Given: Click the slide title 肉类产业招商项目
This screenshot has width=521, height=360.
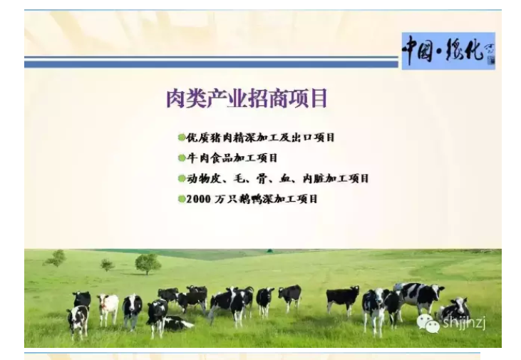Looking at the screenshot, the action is pyautogui.click(x=247, y=98).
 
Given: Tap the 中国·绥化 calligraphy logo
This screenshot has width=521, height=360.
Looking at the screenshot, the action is pyautogui.click(x=448, y=51).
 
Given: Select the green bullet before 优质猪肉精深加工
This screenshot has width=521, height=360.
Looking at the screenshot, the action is pyautogui.click(x=182, y=138).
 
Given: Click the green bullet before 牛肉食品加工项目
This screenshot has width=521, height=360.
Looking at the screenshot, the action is pyautogui.click(x=182, y=158).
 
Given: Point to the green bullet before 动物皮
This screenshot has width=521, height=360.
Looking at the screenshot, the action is pyautogui.click(x=182, y=178).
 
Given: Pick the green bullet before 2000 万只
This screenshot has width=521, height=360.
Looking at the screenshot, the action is pyautogui.click(x=182, y=199).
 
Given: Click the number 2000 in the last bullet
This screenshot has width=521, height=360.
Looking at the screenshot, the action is pyautogui.click(x=198, y=199).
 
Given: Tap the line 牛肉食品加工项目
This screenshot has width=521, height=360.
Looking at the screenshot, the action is pyautogui.click(x=232, y=158).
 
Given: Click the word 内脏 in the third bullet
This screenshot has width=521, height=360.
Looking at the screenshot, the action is pyautogui.click(x=314, y=178).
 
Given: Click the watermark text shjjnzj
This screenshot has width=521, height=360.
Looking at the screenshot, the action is pyautogui.click(x=464, y=323).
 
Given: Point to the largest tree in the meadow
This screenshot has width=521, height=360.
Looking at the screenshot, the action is pyautogui.click(x=148, y=264).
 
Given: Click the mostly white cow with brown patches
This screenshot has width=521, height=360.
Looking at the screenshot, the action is pyautogui.click(x=108, y=308).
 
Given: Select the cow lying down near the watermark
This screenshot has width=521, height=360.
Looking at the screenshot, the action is pyautogui.click(x=453, y=310).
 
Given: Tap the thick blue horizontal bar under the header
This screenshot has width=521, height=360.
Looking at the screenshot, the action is pyautogui.click(x=211, y=64).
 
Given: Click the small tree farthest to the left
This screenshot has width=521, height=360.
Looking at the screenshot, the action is pyautogui.click(x=56, y=258).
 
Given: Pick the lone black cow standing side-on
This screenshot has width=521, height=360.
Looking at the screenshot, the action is pyautogui.click(x=343, y=299).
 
